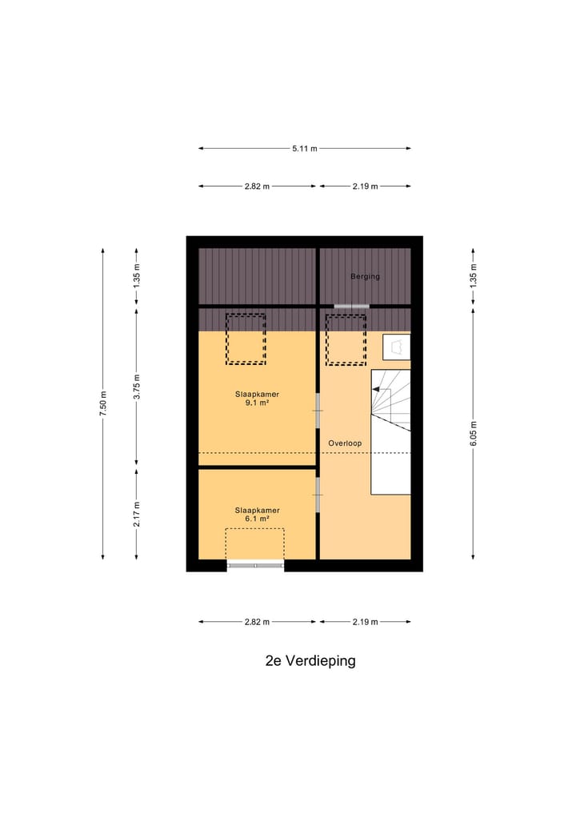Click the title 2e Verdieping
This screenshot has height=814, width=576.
point(310,661)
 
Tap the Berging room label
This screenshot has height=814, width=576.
point(365,277)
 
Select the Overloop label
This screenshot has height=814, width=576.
point(345,443)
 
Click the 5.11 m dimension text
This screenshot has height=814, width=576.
point(304,148)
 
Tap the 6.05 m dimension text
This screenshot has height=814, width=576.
point(474,432)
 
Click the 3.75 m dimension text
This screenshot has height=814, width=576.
point(137,386)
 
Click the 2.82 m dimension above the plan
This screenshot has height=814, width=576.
point(257,186)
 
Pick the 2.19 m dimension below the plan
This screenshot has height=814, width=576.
point(365,622)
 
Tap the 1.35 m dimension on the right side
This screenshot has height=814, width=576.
point(474,276)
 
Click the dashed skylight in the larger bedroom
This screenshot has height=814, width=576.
point(245,339)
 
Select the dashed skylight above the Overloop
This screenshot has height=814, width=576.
point(346,339)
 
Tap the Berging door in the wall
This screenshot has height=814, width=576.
point(352,306)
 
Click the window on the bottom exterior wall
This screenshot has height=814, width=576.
point(256,566)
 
